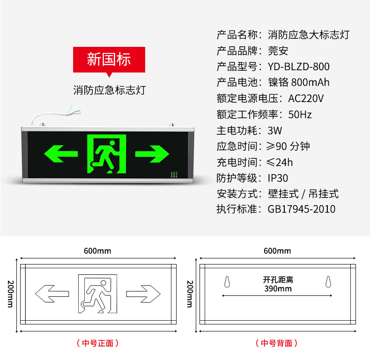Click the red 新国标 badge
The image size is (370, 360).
[x=109, y=60]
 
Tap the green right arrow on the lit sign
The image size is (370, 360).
[x=152, y=153]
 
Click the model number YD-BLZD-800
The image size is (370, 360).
[x=299, y=66]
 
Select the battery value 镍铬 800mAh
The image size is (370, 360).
[x=299, y=82]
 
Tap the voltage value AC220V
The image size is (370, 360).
[x=306, y=98]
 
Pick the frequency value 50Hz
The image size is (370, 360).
[x=300, y=114]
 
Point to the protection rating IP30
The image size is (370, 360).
[x=278, y=178]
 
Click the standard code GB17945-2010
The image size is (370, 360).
[x=302, y=209]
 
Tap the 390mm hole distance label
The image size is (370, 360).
[x=277, y=288]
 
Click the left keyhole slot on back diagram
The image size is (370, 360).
[x=227, y=282]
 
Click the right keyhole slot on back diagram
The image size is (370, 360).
[x=328, y=282]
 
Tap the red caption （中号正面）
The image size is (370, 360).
[x=97, y=343]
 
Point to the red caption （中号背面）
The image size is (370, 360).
[x=277, y=343]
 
